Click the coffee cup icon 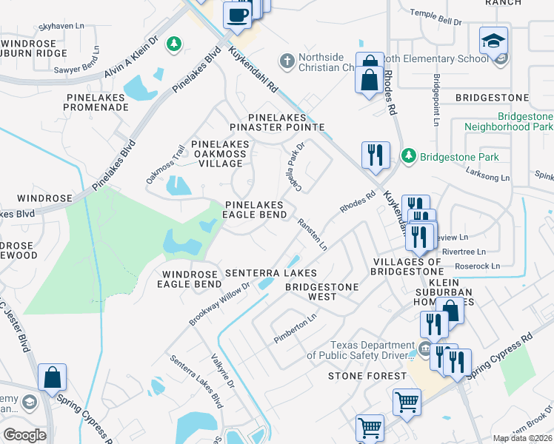click(238, 16)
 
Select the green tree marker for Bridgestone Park click(407, 156)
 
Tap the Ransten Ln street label click(312, 233)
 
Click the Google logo click(24, 434)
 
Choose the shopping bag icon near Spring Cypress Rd click(52, 377)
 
